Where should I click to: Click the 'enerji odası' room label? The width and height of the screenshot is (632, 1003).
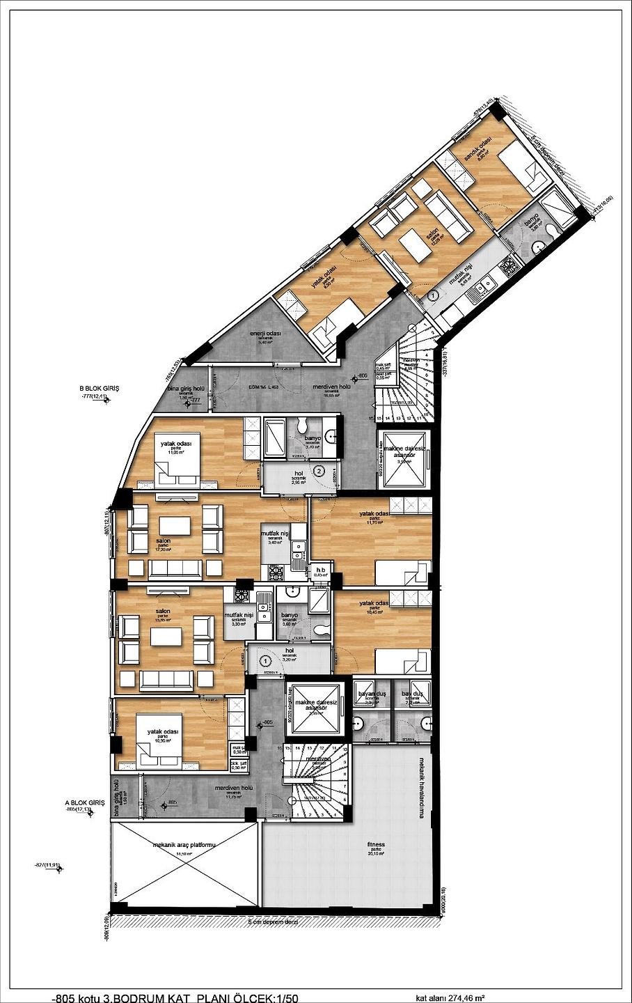pos(265,334)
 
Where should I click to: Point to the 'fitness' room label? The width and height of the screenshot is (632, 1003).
pos(377,844)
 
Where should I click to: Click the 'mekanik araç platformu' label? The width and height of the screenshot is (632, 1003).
pos(184,844)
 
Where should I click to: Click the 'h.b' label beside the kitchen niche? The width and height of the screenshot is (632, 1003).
pos(320,569)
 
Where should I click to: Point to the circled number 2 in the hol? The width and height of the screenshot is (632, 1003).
pos(319,471)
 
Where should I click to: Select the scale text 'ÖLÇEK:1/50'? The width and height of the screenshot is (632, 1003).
pos(267,997)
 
